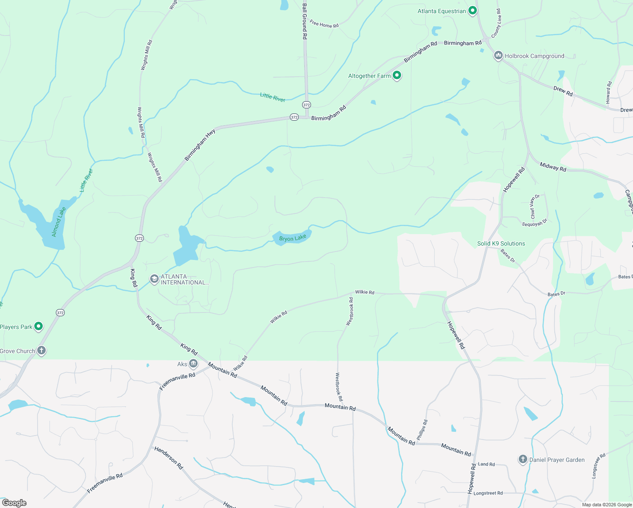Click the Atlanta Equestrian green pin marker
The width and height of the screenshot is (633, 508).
click(473, 11)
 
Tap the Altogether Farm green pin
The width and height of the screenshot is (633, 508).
click(396, 75)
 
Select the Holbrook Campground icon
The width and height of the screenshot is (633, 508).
click(498, 55)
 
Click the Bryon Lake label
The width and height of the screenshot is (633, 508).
click(292, 238)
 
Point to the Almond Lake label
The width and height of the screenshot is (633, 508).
click(58, 221)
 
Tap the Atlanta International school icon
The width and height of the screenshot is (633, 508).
click(154, 279)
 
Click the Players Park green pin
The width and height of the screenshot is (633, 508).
click(39, 326)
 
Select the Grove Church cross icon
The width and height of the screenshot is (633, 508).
click(41, 350)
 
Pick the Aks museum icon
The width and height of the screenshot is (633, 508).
click(193, 363)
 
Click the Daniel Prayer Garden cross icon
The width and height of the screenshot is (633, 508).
click(523, 459)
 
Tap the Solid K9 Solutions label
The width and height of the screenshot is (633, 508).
click(501, 243)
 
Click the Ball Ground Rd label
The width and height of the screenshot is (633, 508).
click(304, 21)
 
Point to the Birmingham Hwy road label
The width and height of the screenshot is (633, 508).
click(200, 145)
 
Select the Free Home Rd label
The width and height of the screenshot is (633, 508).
click(324, 24)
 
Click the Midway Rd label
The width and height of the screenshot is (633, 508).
click(553, 167)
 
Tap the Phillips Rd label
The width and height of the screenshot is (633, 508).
click(422, 430)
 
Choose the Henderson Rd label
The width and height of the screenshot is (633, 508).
click(168, 458)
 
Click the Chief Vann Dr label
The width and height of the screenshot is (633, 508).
click(535, 206)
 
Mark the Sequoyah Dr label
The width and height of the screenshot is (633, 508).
click(534, 223)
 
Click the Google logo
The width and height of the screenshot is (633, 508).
click(14, 502)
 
